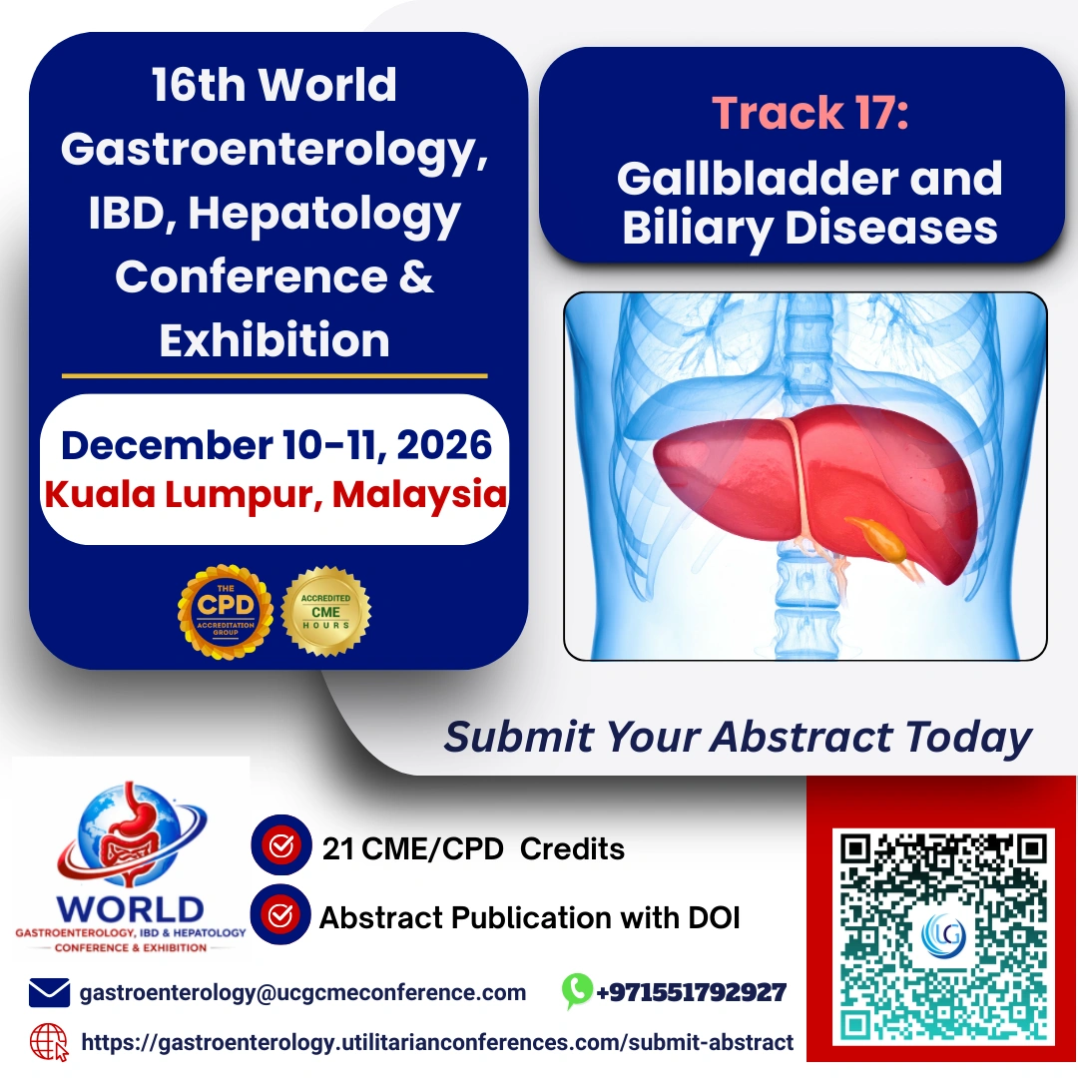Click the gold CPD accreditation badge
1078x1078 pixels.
pos(226,612)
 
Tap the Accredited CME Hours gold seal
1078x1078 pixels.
pos(325,611)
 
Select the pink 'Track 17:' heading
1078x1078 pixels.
pos(810,112)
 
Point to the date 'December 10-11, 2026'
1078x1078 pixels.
pos(276,445)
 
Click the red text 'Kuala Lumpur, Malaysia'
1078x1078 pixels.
pos(275,494)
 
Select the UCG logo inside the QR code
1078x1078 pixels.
pos(943,935)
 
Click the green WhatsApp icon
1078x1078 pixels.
pos(577,991)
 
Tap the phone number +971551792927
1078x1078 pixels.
pos(691,992)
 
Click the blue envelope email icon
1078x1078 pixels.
pos(49,993)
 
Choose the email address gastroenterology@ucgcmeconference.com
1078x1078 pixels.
pos(302,993)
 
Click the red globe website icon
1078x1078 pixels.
pos(48,1042)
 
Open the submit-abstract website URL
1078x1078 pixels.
pos(437,1042)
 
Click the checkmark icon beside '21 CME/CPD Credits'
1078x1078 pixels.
pos(281,845)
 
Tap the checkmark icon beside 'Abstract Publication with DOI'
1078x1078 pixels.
pos(280,914)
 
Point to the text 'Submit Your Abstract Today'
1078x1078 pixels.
pos(738,737)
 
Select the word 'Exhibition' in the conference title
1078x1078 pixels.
pos(274,340)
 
